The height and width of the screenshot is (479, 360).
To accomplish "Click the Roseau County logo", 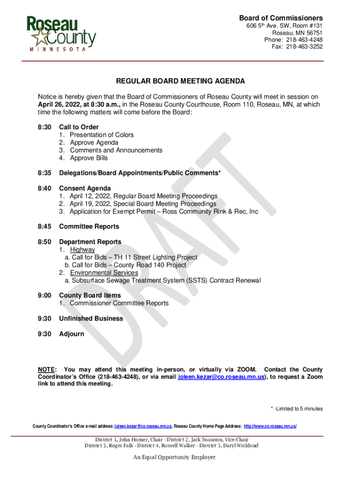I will pyautogui.click(x=61, y=33).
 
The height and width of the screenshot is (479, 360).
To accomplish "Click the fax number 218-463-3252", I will pyautogui.click(x=304, y=47).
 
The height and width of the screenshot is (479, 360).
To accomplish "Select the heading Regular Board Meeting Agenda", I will pyautogui.click(x=180, y=81).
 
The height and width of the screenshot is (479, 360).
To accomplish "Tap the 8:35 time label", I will pyautogui.click(x=44, y=173).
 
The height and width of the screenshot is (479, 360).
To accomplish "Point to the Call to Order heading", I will pyautogui.click(x=79, y=127).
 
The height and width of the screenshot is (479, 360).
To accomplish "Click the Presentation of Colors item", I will pyautogui.click(x=101, y=135).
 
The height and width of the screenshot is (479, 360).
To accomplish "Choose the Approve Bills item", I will pyautogui.click(x=89, y=158).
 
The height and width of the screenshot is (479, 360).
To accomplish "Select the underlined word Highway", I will pyautogui.click(x=82, y=250).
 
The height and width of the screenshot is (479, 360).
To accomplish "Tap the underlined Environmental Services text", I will pyautogui.click(x=104, y=273).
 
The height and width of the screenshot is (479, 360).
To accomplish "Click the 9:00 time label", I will pyautogui.click(x=44, y=296).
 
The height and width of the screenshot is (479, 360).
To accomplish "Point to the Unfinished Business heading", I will pyautogui.click(x=91, y=319).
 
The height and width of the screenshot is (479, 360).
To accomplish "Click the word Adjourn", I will pyautogui.click(x=72, y=334).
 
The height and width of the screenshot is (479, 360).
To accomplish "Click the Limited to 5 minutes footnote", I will pyautogui.click(x=297, y=409).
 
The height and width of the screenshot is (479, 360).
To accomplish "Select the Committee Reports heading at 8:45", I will pyautogui.click(x=89, y=226).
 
